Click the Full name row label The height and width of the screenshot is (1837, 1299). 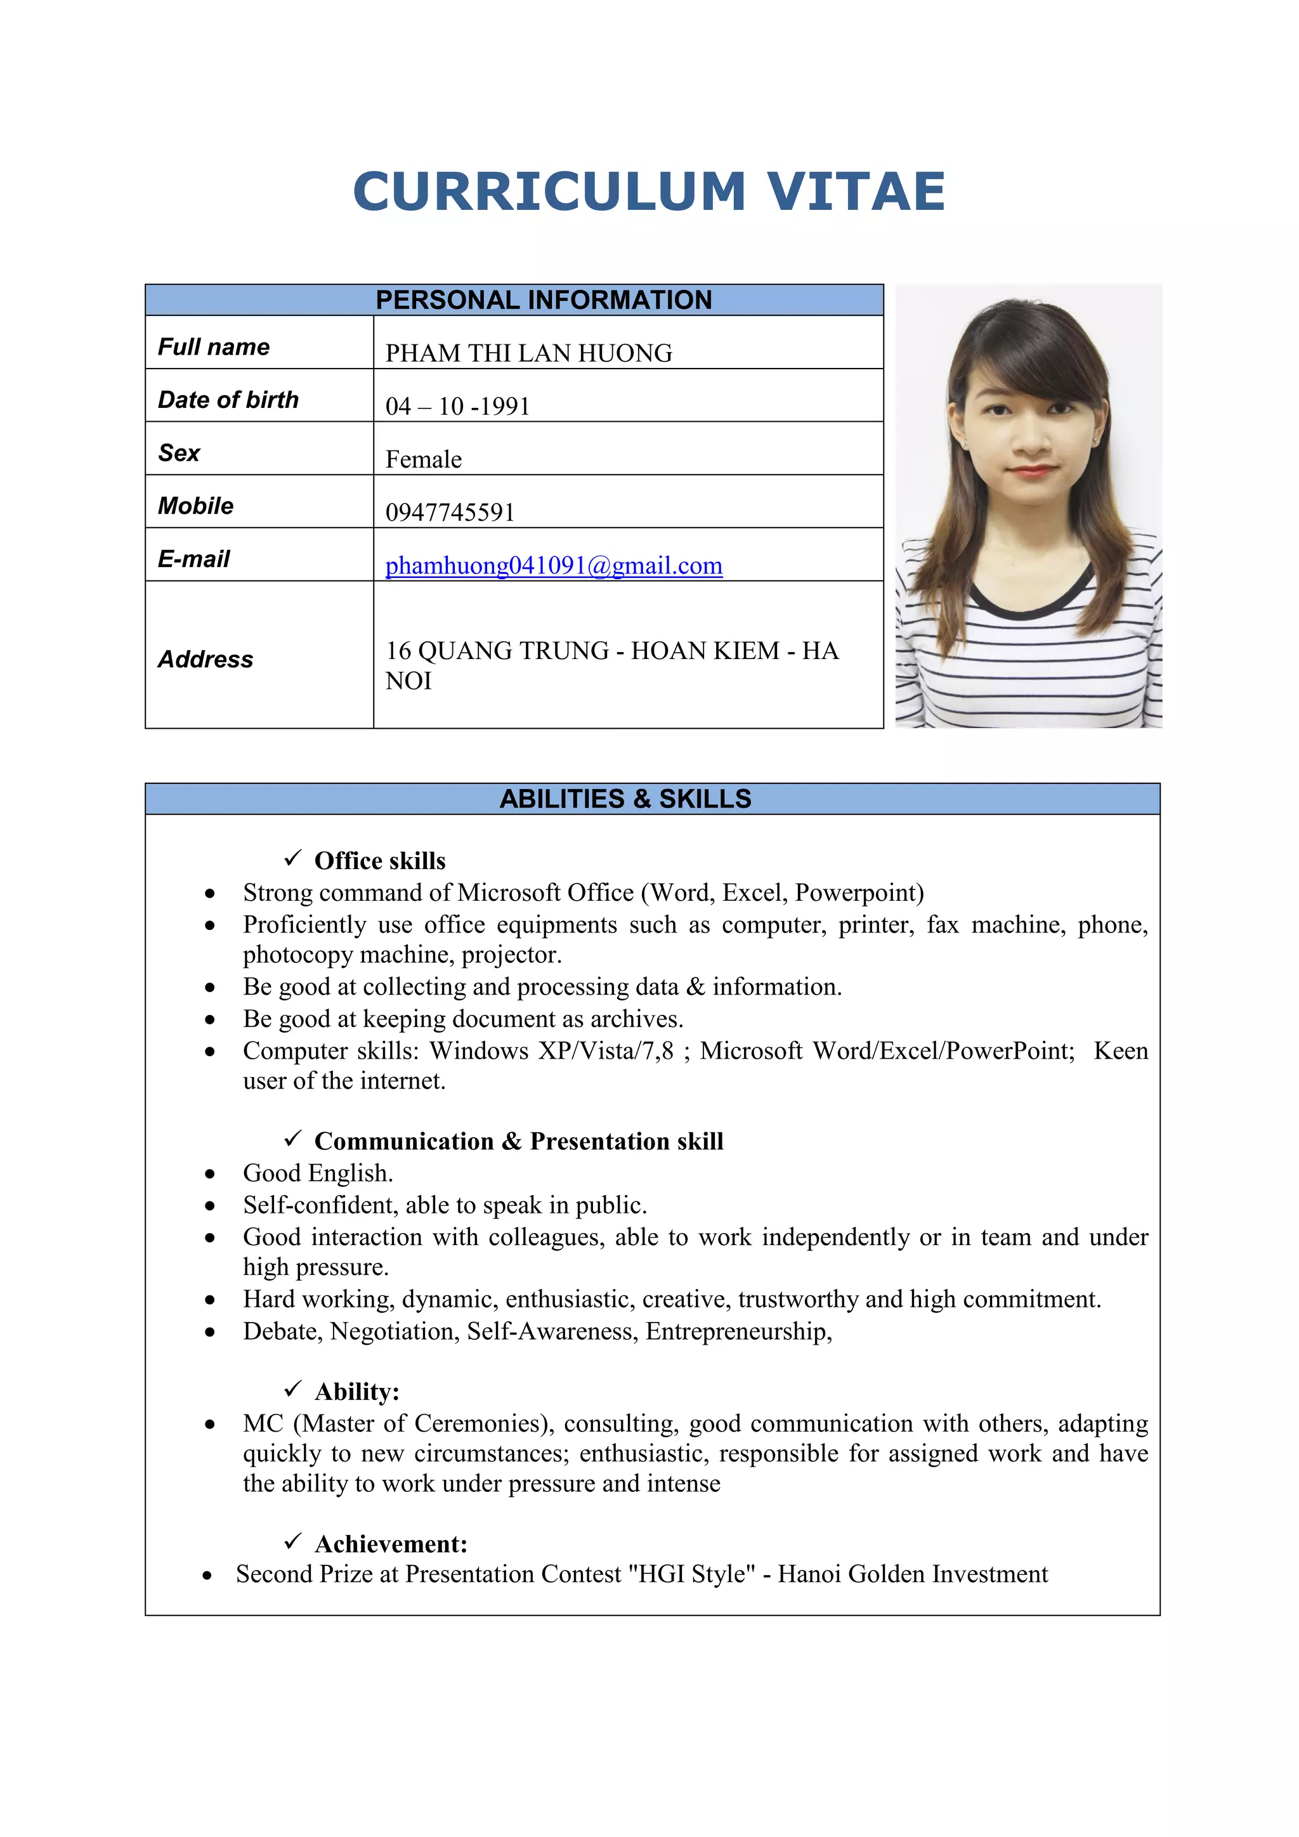click(214, 346)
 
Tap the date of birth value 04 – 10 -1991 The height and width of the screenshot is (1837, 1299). click(457, 405)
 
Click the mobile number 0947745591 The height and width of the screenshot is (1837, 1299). click(450, 512)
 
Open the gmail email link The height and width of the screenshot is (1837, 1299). click(554, 565)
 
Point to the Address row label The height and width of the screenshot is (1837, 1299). click(206, 658)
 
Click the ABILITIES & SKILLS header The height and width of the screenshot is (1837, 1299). click(625, 799)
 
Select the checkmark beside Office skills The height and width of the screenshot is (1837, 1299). click(293, 858)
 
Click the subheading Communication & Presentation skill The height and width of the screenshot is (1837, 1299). click(518, 1141)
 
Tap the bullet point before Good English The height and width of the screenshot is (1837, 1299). click(209, 1173)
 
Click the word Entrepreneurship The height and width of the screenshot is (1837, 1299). click(738, 1331)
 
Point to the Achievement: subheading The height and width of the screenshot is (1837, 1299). click(391, 1543)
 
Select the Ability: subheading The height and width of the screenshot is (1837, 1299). click(356, 1391)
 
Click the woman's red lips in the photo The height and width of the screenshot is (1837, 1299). click(1033, 471)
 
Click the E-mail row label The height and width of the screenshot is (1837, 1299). click(193, 558)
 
